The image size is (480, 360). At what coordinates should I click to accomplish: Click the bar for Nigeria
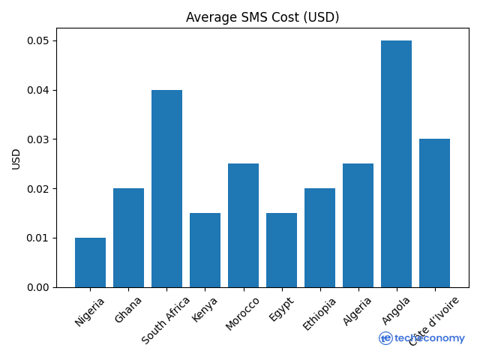[x=90, y=262]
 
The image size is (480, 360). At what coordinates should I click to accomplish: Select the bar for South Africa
[x=166, y=188]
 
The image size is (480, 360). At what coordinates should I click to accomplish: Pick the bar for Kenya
[x=205, y=250]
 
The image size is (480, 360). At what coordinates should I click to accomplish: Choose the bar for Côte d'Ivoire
[x=434, y=213]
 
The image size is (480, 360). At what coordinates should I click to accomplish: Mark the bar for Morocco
[x=243, y=225]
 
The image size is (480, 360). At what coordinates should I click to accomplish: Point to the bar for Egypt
[x=281, y=250]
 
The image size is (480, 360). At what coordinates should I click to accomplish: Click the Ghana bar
[x=128, y=238]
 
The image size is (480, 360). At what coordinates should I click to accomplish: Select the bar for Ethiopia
[x=319, y=238]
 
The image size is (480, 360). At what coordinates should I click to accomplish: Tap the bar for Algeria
[x=358, y=225]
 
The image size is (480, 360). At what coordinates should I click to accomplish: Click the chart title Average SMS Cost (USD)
[x=262, y=17]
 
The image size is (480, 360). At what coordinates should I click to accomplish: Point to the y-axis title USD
[x=16, y=158]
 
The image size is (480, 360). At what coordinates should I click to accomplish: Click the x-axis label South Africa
[x=166, y=319]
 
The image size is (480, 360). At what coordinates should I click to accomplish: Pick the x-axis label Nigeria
[x=90, y=311]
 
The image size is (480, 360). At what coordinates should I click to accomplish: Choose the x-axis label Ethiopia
[x=319, y=313]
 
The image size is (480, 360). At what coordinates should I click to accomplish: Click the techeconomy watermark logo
[x=421, y=338]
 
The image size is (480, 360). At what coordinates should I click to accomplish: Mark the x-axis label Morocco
[x=242, y=313]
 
